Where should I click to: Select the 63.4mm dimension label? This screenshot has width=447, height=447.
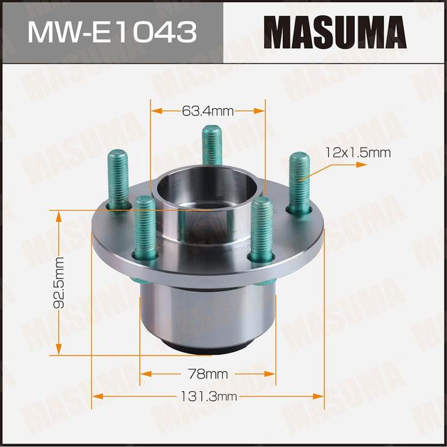pyautogui.click(x=207, y=110)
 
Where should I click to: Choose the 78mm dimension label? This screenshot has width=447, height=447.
pyautogui.click(x=207, y=372)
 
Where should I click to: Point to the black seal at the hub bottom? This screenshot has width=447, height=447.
pyautogui.click(x=207, y=342)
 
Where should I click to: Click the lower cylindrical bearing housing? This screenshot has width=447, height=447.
pyautogui.click(x=207, y=307)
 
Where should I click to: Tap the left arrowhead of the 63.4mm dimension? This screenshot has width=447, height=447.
pyautogui.click(x=155, y=110)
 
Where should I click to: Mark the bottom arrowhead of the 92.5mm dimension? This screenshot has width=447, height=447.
pyautogui.click(x=59, y=351)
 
